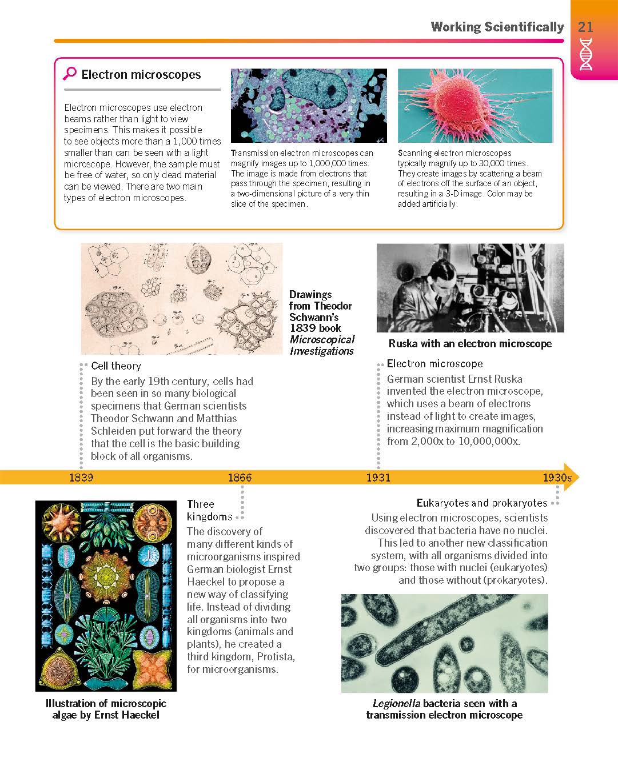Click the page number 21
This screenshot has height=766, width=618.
[x=585, y=27]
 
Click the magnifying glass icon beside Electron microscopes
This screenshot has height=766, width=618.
[x=70, y=74]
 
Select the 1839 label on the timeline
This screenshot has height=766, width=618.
[x=81, y=478]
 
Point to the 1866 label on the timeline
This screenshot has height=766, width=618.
[x=240, y=478]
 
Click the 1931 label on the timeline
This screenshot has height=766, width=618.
[x=378, y=478]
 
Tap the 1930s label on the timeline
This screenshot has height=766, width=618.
[x=557, y=478]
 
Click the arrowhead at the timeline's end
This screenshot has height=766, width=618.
[x=572, y=478]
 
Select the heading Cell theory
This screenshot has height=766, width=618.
[x=116, y=366]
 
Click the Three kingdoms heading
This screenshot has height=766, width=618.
[x=209, y=510]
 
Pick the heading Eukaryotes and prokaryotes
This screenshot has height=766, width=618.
[x=481, y=503]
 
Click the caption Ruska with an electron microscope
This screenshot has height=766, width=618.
[x=470, y=344]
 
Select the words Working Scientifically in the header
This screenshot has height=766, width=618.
[x=497, y=27]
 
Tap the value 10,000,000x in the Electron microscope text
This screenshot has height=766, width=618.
[x=489, y=442]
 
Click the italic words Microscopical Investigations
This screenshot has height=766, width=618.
[x=322, y=345]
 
